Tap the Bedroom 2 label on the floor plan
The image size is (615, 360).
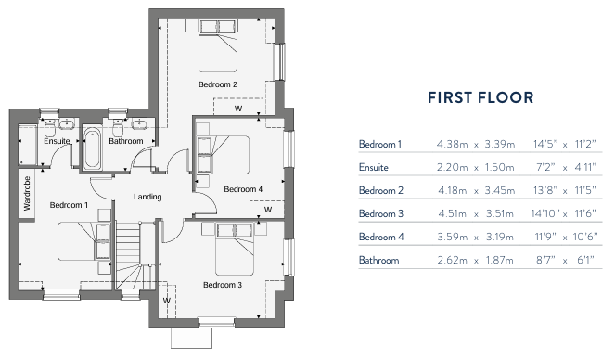pos(218,84)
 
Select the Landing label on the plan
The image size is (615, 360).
pos(147,197)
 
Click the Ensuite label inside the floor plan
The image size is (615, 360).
pos(57,141)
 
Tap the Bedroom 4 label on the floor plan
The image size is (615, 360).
pos(244,189)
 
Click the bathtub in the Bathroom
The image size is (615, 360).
pos(92,150)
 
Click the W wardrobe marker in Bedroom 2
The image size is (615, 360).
pos(238,109)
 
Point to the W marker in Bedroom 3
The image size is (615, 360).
pos(167,301)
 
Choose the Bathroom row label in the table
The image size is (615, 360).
pos(378,260)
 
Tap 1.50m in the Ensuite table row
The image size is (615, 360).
pos(497,167)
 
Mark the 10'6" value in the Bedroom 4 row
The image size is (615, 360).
pos(581,237)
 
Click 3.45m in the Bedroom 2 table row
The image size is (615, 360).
pos(497,190)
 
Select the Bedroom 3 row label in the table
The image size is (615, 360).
pos(380,213)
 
